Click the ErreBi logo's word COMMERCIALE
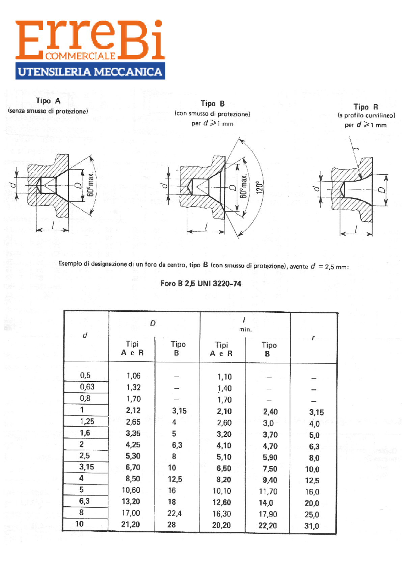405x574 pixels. [x=80, y=56]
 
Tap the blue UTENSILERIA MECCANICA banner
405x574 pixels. [x=90, y=71]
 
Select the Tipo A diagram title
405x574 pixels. [x=48, y=101]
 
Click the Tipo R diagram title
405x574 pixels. [x=366, y=107]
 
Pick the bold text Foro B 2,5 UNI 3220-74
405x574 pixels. [x=201, y=284]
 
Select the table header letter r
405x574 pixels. [x=313, y=338]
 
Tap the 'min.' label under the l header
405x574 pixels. [x=245, y=329]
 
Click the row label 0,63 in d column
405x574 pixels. [x=87, y=387]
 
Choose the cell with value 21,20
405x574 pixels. [x=130, y=524]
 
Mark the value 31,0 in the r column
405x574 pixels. [x=312, y=526]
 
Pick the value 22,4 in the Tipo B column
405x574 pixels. [x=174, y=513]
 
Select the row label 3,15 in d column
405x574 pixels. [x=86, y=467]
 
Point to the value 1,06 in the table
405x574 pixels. [x=133, y=376]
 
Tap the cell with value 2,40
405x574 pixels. [x=270, y=411]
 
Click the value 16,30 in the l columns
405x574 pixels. [x=221, y=514]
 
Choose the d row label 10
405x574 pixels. [x=79, y=524]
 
